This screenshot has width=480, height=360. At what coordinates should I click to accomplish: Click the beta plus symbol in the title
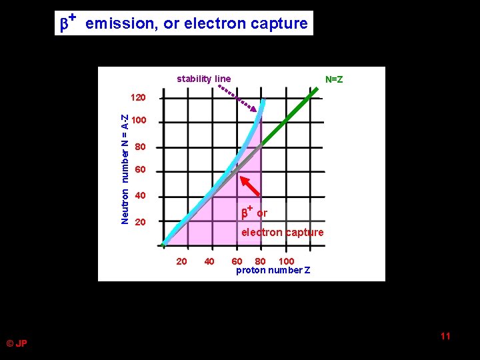click(67, 23)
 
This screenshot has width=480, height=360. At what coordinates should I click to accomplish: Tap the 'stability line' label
click(203, 79)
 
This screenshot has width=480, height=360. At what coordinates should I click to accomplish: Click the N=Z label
click(334, 80)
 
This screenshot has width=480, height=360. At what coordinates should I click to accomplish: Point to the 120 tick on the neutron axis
click(138, 98)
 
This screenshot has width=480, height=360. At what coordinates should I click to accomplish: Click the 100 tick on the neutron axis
click(138, 121)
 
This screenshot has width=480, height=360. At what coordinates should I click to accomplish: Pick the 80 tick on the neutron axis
click(139, 147)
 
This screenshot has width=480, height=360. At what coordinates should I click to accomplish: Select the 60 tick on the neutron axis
click(139, 170)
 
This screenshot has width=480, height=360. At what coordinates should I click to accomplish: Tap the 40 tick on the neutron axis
click(139, 196)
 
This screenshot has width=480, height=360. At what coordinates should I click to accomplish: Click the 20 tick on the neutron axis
click(139, 221)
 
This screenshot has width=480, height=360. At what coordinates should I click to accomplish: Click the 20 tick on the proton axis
click(181, 261)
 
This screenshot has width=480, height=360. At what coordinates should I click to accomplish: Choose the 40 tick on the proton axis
click(209, 261)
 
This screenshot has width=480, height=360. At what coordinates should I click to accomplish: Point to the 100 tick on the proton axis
click(286, 261)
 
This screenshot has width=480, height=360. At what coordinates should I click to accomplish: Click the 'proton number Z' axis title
click(273, 270)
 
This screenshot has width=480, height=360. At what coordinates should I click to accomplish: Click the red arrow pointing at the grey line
click(249, 186)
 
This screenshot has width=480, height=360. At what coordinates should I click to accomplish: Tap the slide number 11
click(445, 336)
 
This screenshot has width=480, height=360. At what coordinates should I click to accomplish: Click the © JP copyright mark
click(17, 343)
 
